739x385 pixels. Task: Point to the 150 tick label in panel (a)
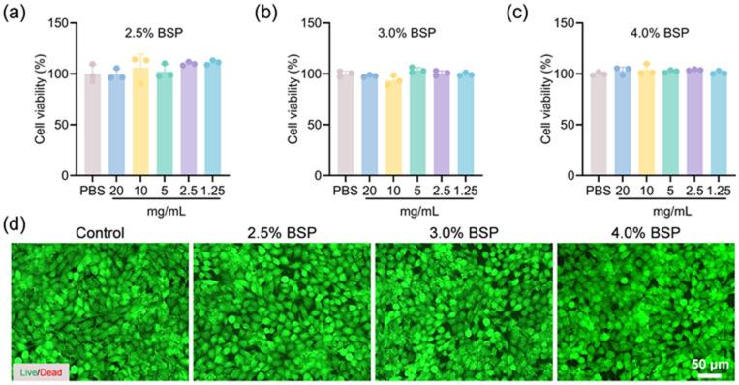coord(59,22)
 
